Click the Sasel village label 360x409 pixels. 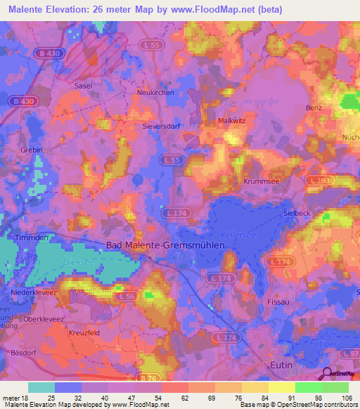click(x=83, y=86)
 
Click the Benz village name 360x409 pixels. click(x=314, y=108)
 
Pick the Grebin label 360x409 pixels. click(x=32, y=150)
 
